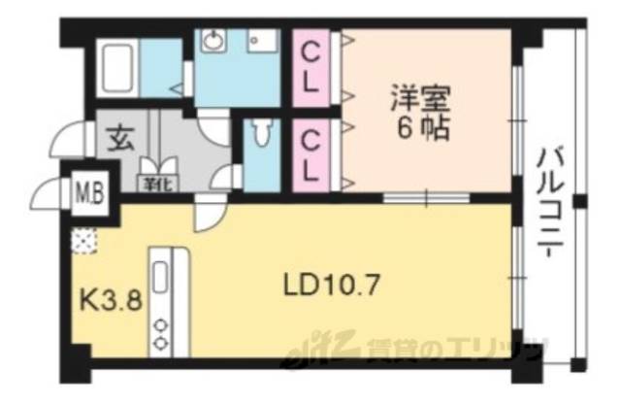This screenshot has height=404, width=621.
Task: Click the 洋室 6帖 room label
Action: (x=420, y=113)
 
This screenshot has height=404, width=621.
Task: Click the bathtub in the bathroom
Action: (x=118, y=66)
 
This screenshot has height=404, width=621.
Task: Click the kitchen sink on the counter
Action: (x=161, y=278)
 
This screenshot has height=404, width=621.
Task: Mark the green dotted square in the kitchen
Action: (x=83, y=241)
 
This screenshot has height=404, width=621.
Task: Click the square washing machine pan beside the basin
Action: (x=261, y=43)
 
